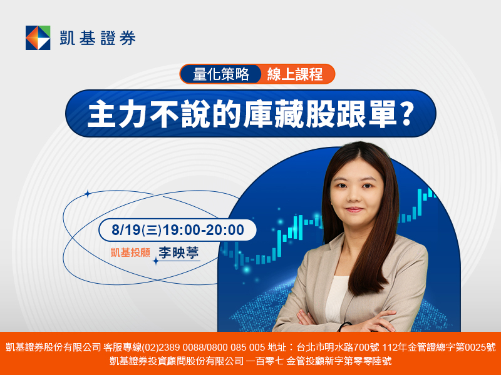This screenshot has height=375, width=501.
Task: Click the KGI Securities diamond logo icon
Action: tap(38, 37)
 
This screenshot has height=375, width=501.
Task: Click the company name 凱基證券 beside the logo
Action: tap(98, 38)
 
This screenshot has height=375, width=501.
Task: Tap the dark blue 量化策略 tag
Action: tap(221, 74)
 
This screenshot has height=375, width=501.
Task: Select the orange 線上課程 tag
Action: tap(295, 74)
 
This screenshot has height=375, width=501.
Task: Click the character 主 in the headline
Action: tap(101, 114)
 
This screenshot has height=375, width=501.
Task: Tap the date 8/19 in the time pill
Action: tap(126, 230)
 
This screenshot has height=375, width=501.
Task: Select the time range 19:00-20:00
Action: tap(203, 230)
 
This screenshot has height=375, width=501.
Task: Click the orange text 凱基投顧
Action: tap(130, 252)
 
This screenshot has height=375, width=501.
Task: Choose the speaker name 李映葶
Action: tap(178, 252)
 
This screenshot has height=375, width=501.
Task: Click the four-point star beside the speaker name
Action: tap(155, 261)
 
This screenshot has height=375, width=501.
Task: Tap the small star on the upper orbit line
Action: tap(88, 194)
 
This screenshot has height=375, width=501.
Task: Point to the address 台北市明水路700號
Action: tap(338, 347)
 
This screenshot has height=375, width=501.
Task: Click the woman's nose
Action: tap(354, 197)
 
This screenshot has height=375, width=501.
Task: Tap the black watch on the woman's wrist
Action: tap(344, 326)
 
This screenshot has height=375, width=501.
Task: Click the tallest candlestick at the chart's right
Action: tap(420, 201)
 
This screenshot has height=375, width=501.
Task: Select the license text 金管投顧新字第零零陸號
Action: tap(339, 361)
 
